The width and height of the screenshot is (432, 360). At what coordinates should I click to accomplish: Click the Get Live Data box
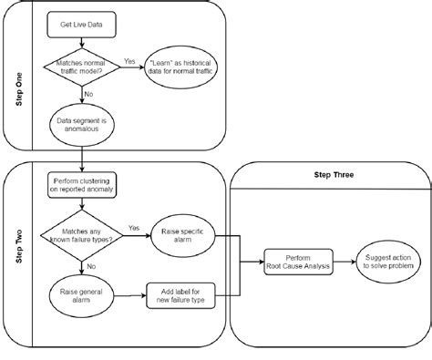pos(83,26)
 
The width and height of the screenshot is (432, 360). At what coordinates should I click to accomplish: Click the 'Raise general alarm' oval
pos(83,293)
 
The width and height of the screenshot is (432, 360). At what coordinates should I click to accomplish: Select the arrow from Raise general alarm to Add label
pos(128,293)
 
